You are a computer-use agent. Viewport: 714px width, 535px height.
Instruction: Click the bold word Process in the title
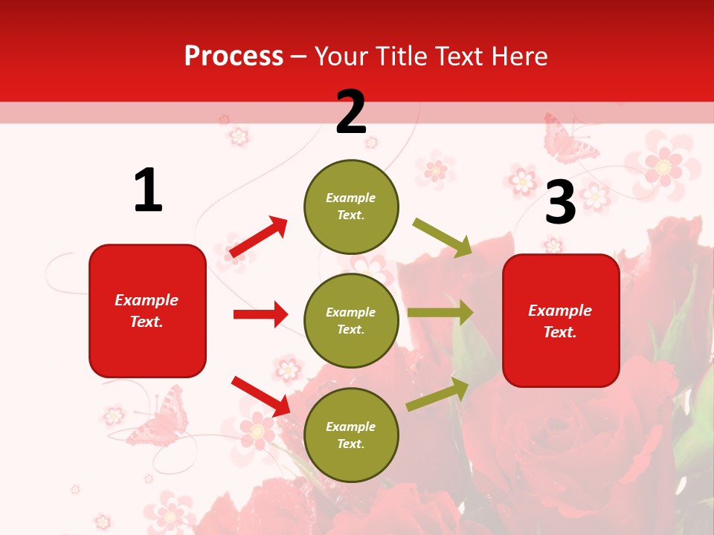(234, 56)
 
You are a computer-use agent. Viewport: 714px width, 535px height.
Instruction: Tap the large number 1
(148, 190)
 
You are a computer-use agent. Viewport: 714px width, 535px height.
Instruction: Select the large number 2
(351, 112)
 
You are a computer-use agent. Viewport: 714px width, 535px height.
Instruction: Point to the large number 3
(560, 202)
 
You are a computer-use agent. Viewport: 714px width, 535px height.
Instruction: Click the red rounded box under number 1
(147, 311)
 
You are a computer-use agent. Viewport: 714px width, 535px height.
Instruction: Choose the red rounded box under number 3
(561, 320)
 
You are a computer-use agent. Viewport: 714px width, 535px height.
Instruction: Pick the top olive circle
(351, 207)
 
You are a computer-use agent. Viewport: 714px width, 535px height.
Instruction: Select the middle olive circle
(351, 320)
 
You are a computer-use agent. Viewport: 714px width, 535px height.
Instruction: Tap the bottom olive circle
(351, 435)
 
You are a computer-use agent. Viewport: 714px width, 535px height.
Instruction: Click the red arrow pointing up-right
(259, 237)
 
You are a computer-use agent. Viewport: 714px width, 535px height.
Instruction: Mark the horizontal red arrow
(260, 314)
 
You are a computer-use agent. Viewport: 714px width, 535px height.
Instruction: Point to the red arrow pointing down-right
(261, 396)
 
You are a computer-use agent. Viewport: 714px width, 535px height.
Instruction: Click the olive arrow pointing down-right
(443, 237)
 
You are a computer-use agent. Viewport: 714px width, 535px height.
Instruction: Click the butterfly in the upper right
(568, 140)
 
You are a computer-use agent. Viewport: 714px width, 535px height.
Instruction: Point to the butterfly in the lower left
(158, 421)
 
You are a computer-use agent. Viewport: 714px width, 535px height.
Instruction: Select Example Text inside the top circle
(351, 207)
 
